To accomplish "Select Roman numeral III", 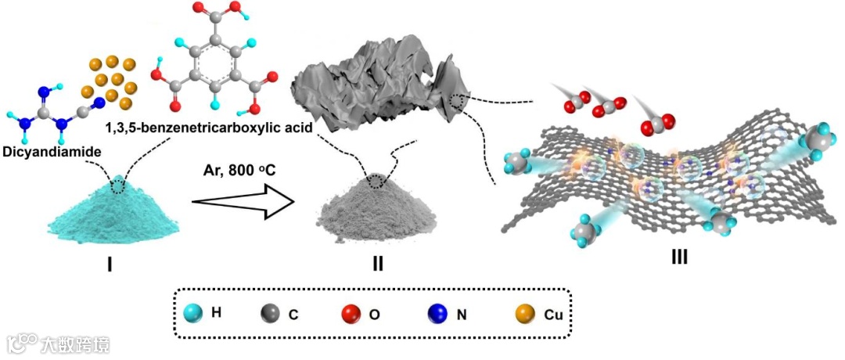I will (679, 256).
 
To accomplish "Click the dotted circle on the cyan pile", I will (118, 185).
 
